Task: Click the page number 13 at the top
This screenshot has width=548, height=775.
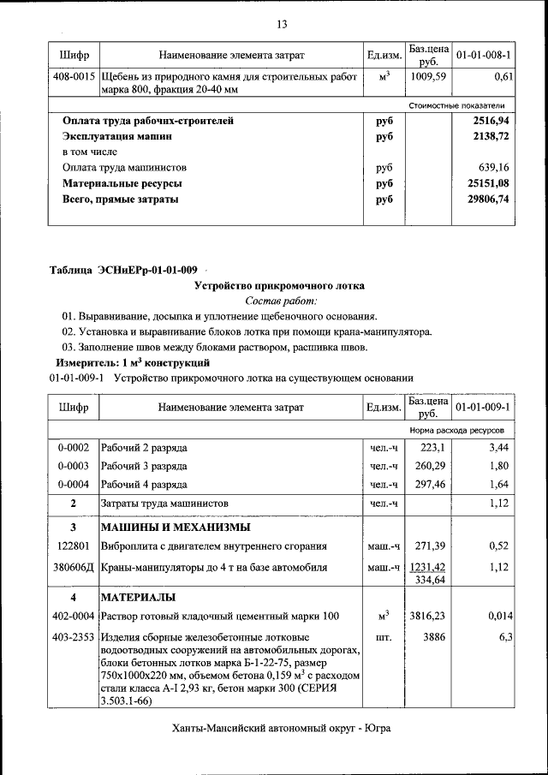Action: pyautogui.click(x=281, y=23)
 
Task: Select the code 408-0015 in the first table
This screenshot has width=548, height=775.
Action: pyautogui.click(x=74, y=77)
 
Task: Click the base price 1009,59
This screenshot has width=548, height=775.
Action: pyautogui.click(x=429, y=77)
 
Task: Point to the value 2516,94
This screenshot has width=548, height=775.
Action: pyautogui.click(x=491, y=122)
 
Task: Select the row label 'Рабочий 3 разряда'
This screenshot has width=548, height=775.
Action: pyautogui.click(x=144, y=466)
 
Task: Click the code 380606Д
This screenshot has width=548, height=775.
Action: pyautogui.click(x=74, y=567)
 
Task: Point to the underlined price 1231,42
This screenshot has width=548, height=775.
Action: pyautogui.click(x=429, y=567)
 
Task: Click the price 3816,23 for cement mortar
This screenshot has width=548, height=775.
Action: pyautogui.click(x=429, y=616)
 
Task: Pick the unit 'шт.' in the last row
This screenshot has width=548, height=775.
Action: pyautogui.click(x=384, y=638)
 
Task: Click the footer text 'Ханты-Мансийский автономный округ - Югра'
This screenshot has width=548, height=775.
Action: pyautogui.click(x=281, y=729)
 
